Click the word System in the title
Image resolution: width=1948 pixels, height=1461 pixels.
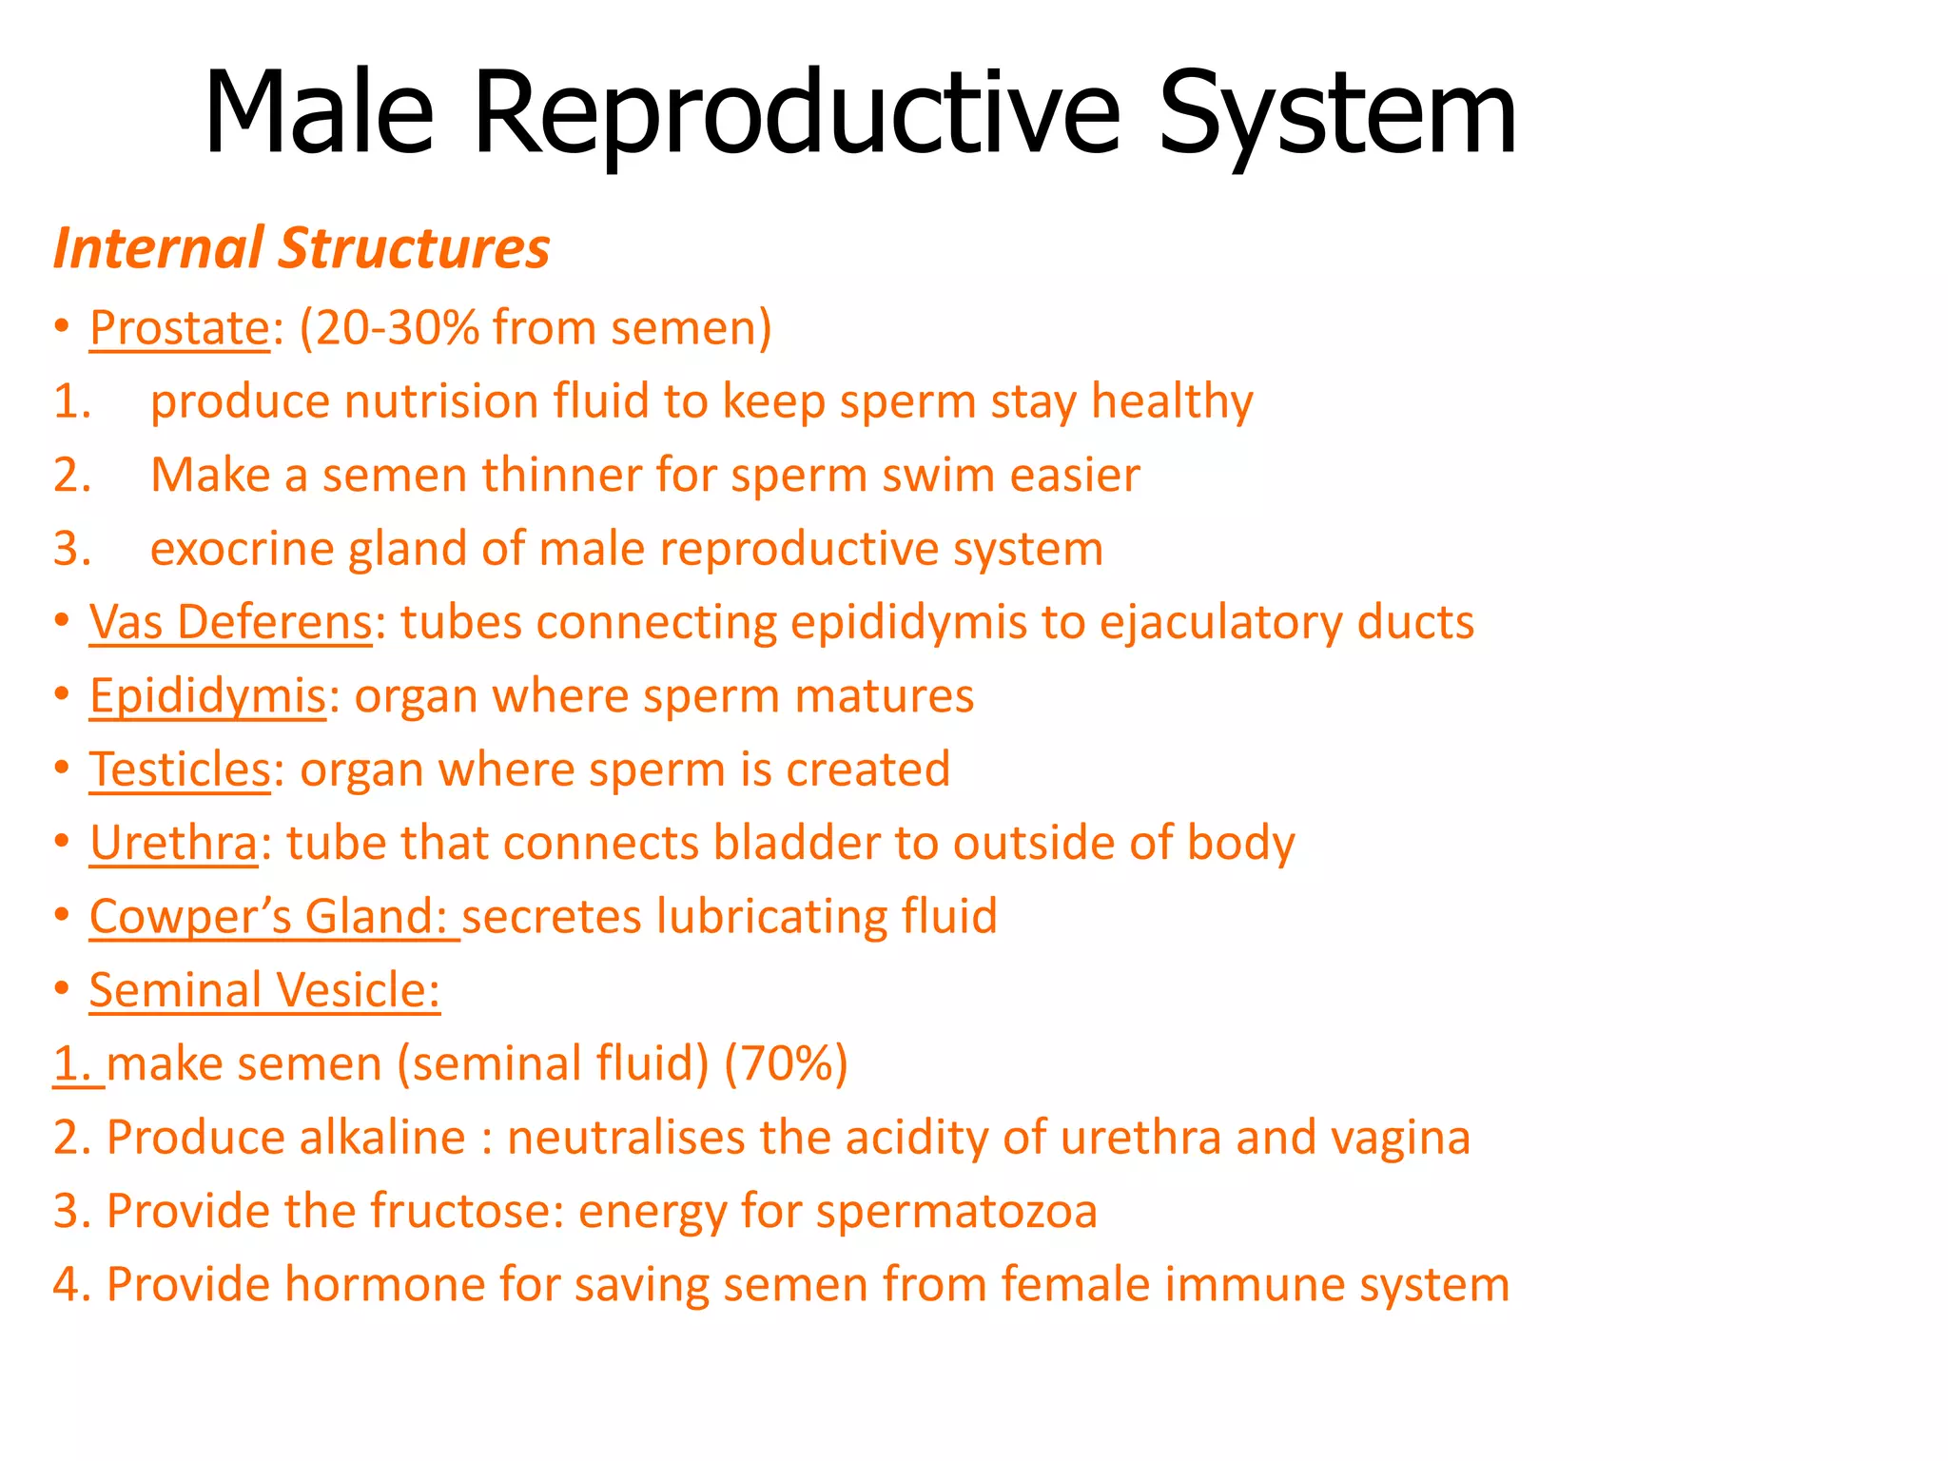1336,114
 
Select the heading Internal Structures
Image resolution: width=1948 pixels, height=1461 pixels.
302,248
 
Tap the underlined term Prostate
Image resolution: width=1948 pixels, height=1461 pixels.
180,328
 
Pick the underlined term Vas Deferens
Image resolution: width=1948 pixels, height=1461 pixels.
230,622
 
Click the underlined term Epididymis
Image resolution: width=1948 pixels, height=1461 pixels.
207,696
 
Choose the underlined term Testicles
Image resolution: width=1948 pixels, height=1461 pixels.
180,769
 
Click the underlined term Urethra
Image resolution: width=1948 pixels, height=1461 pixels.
173,843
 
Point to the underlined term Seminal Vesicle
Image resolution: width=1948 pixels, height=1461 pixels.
264,990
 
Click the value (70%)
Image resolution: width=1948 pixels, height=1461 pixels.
786,1063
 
